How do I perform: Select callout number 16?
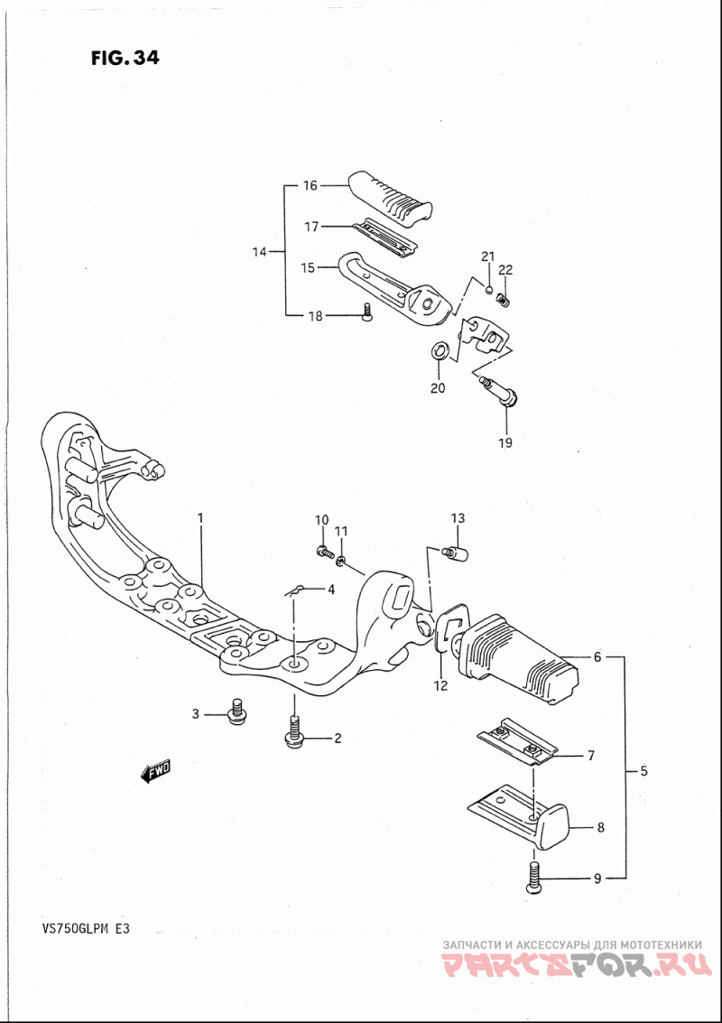(310, 186)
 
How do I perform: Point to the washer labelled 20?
(440, 350)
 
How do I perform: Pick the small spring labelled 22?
(503, 300)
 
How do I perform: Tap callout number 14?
(260, 252)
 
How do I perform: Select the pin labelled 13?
(457, 553)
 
